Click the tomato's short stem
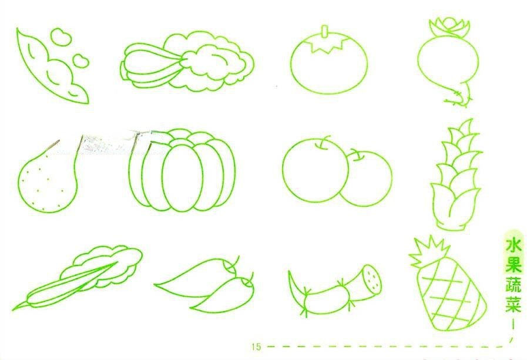(325, 31)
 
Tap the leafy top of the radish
(449, 27)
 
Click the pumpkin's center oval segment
(183, 177)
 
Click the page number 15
(256, 346)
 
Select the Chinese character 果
(514, 263)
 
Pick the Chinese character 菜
(514, 304)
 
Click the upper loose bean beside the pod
(61, 36)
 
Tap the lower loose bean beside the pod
(80, 61)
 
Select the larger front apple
(315, 170)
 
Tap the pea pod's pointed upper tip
(18, 29)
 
